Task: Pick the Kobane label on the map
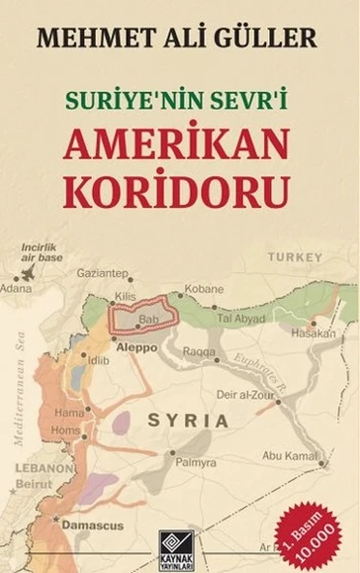pos(204,289)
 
